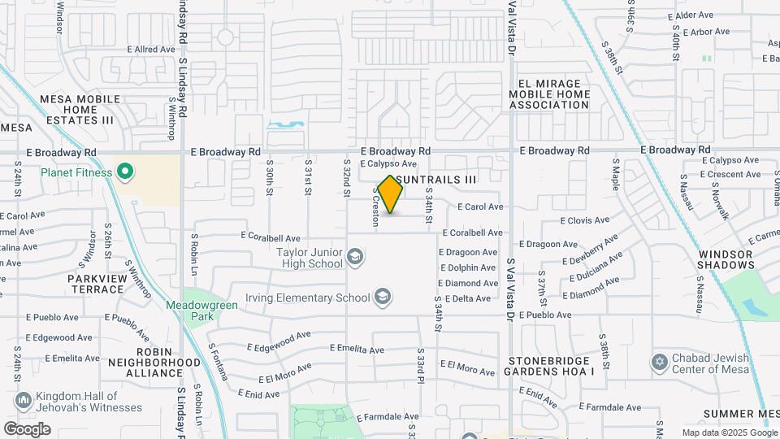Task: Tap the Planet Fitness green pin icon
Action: point(124,172)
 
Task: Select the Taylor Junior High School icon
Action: point(354,258)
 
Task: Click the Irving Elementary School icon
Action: point(382,298)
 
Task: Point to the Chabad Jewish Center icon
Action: point(660,361)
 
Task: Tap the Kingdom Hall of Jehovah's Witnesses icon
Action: point(24,401)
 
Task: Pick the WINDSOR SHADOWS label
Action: point(726,259)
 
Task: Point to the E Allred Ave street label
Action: point(151,50)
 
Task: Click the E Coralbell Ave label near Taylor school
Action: point(271,238)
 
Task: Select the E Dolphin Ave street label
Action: point(467,267)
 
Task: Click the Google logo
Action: point(27,429)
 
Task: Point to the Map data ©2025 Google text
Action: point(730,433)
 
